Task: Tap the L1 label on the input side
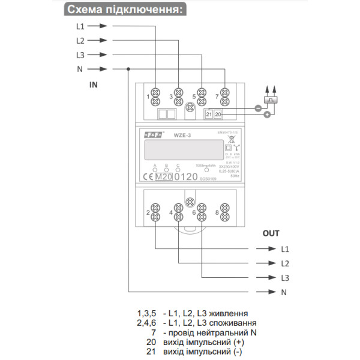(80, 26)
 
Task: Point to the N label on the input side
(80, 68)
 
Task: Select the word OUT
(271, 233)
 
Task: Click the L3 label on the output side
(285, 277)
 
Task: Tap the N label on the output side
(284, 292)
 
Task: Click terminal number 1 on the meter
(148, 96)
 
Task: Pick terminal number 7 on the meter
(216, 96)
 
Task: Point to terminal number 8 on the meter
(217, 212)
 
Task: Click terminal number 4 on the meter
(171, 212)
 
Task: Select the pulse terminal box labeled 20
(218, 113)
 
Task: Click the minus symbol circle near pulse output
(257, 109)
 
